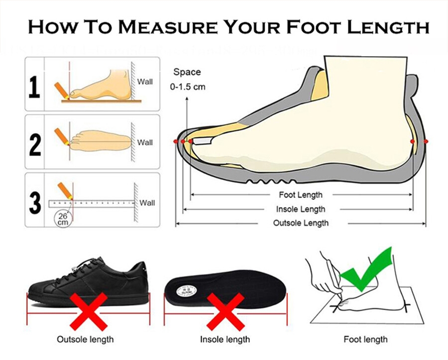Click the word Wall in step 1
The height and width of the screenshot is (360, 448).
[x=145, y=82]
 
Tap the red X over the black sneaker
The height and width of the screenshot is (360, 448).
[x=89, y=311]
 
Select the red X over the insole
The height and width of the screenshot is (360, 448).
[x=225, y=311]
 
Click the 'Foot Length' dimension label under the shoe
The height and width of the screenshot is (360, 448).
[x=301, y=195]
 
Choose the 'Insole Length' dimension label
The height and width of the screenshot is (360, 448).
[x=301, y=209]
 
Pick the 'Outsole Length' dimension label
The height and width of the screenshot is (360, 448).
[x=301, y=223]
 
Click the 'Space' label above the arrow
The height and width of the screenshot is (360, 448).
[x=187, y=72]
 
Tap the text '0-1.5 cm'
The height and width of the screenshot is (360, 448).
[x=188, y=87]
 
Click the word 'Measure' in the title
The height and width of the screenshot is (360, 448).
[x=167, y=27]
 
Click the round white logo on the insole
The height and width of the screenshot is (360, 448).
[x=187, y=291]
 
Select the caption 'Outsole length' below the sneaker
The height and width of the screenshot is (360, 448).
[x=85, y=340]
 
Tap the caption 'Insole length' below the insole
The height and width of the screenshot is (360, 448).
[x=225, y=340]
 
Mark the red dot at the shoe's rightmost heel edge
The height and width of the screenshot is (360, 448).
[x=426, y=141]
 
